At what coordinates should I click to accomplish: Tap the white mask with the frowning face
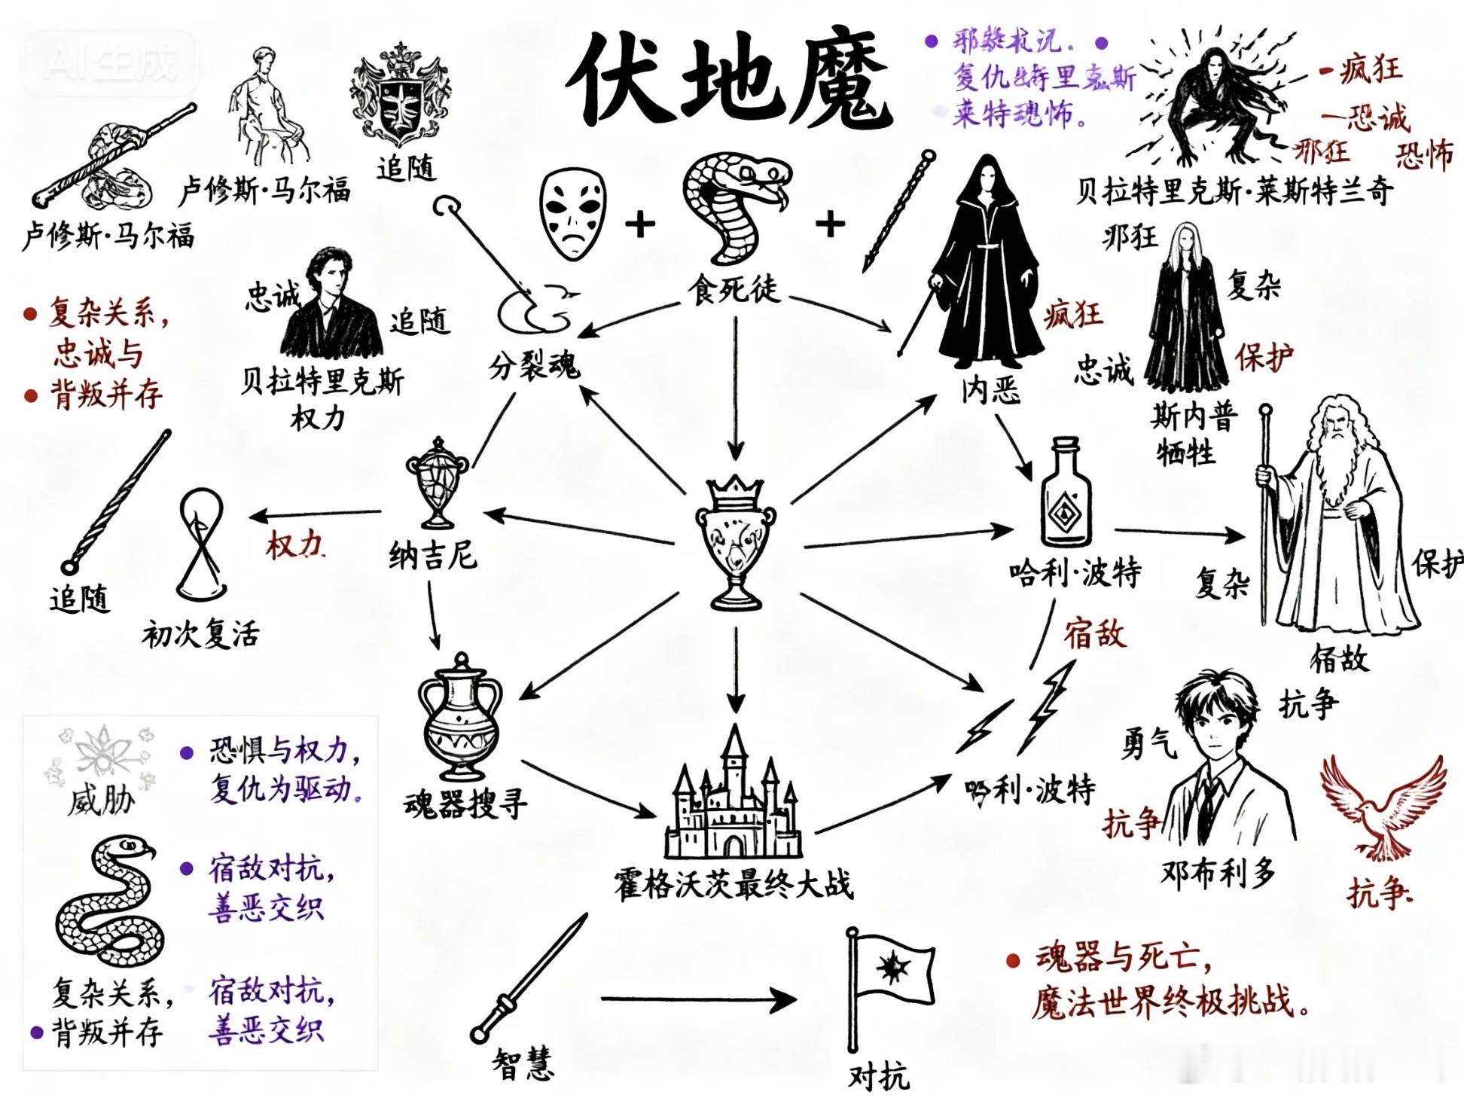click(x=573, y=213)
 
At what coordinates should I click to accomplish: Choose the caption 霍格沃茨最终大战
click(x=734, y=883)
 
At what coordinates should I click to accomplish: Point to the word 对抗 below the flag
click(x=878, y=1076)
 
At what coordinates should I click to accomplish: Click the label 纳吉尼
click(x=433, y=556)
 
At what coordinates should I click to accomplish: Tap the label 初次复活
click(x=200, y=635)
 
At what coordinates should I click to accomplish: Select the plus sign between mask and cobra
click(x=639, y=224)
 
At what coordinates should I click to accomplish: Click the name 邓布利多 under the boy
click(x=1218, y=874)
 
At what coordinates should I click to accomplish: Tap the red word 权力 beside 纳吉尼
click(x=294, y=544)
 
